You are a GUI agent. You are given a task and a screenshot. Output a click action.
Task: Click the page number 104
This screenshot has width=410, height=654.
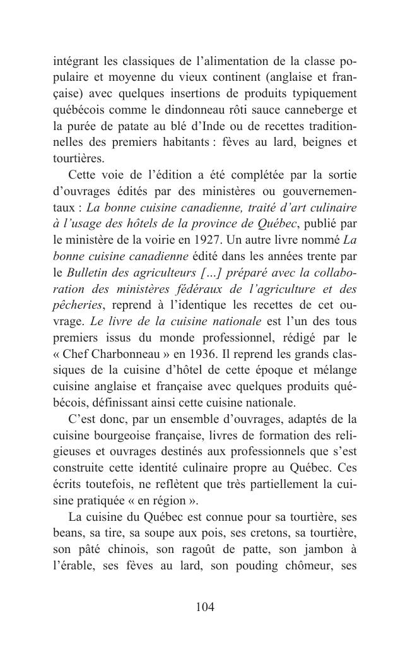(205, 607)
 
